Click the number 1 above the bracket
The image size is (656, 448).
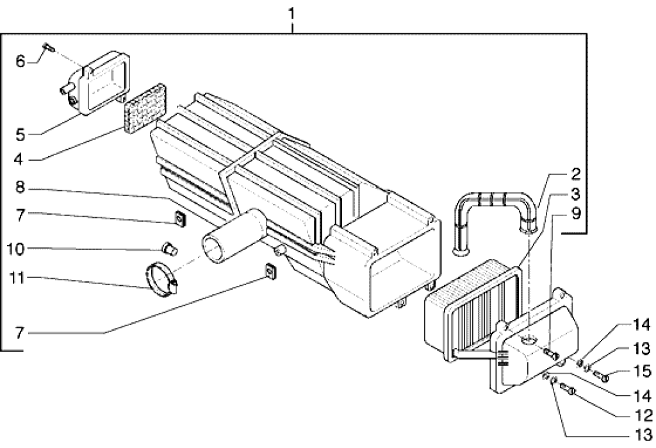click(292, 13)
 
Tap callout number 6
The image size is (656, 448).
click(20, 62)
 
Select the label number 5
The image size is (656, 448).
click(20, 135)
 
